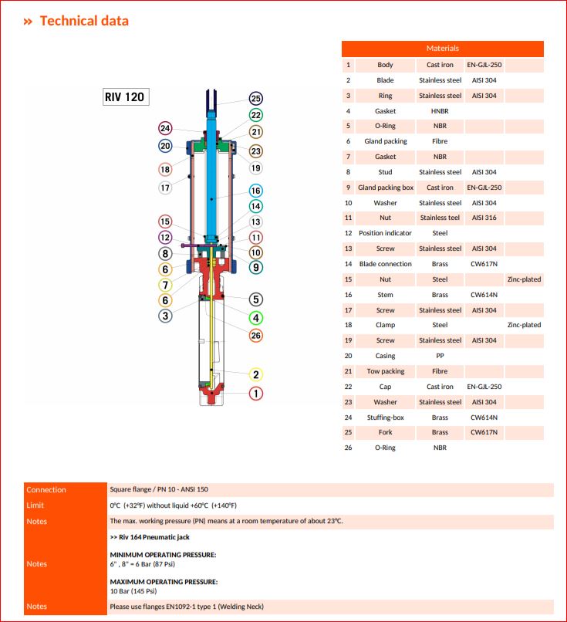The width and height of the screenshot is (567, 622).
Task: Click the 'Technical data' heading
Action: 83,21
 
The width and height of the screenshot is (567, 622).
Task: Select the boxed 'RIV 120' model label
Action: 126,98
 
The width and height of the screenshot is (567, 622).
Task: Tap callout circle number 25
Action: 256,99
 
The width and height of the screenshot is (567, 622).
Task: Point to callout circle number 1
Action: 256,394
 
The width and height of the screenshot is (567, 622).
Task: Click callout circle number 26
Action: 256,336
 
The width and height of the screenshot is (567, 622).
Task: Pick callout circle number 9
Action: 256,267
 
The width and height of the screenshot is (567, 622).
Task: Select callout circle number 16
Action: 256,191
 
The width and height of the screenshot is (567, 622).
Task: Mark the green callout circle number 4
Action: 256,317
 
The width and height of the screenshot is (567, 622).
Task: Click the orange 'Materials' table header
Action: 442,49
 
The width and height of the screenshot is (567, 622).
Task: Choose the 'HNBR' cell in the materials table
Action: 440,111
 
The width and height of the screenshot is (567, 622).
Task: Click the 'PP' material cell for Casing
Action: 440,356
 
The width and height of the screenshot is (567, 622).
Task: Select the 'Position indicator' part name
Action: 385,233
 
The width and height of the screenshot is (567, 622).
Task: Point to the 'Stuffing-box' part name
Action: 385,417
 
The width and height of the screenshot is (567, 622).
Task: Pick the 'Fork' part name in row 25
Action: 385,432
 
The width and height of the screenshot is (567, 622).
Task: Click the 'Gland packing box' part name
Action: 385,188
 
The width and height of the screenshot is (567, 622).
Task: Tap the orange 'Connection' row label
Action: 46,489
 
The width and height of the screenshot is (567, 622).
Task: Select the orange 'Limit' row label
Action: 35,505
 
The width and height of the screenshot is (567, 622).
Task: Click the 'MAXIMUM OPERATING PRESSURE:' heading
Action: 164,581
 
